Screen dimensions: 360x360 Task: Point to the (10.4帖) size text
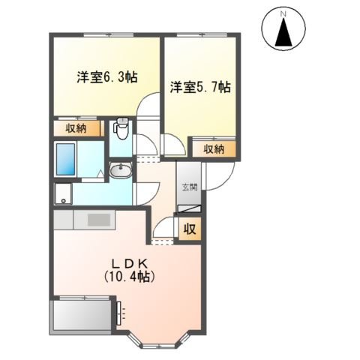[x=128, y=277]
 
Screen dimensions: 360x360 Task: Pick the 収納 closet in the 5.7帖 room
[x=214, y=148]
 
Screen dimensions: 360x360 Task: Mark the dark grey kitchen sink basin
[x=99, y=220]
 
